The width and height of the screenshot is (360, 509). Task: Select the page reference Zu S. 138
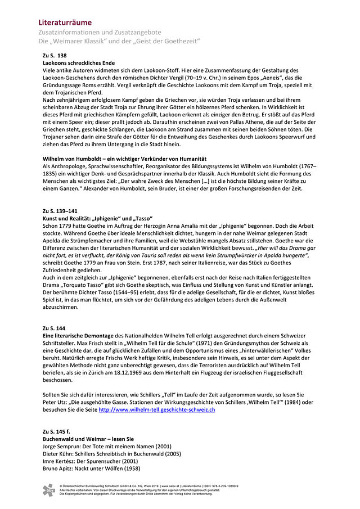55,56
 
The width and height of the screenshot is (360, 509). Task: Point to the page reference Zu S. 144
54,328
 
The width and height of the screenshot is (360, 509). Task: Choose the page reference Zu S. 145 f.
57,431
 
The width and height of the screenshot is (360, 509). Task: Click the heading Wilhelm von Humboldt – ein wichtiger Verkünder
125,159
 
